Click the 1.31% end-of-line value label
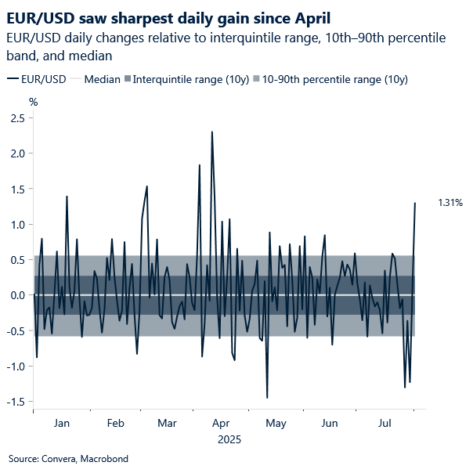(450, 203)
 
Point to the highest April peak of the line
(212, 132)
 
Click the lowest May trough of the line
(267, 398)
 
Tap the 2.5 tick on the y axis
(17, 118)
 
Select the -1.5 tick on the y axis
(16, 402)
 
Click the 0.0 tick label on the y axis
(17, 295)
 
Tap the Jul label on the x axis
(385, 424)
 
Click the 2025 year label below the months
(229, 440)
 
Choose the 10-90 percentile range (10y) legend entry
(335, 79)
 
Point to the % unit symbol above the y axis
(33, 101)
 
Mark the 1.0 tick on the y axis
(17, 225)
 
